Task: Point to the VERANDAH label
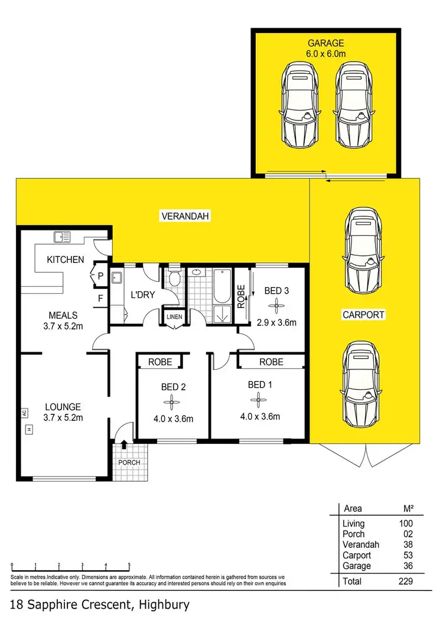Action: [x=186, y=217]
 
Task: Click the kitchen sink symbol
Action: [x=62, y=237]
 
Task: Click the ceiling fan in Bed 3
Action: [x=275, y=306]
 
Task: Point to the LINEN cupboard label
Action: [x=174, y=317]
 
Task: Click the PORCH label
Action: [x=128, y=462]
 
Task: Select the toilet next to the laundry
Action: [x=174, y=280]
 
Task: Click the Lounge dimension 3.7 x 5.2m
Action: [x=62, y=418]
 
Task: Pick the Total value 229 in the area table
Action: [x=405, y=581]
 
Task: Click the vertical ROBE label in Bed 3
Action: [x=241, y=297]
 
